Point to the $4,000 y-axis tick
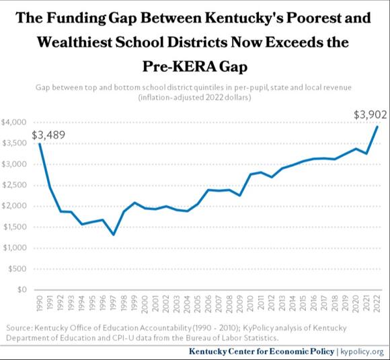pyautogui.click(x=15, y=122)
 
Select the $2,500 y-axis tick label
pyautogui.click(x=15, y=185)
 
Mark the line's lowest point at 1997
pyautogui.click(x=114, y=234)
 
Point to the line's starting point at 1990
pyautogui.click(x=40, y=144)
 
